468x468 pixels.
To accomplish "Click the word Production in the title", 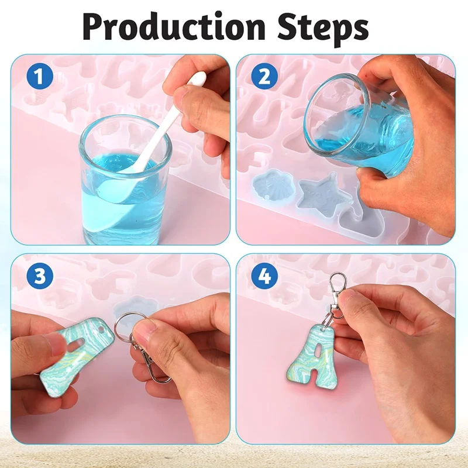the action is (174, 27).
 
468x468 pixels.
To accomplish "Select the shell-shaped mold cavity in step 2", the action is (269, 184).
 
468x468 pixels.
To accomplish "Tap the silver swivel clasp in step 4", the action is (337, 295).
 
